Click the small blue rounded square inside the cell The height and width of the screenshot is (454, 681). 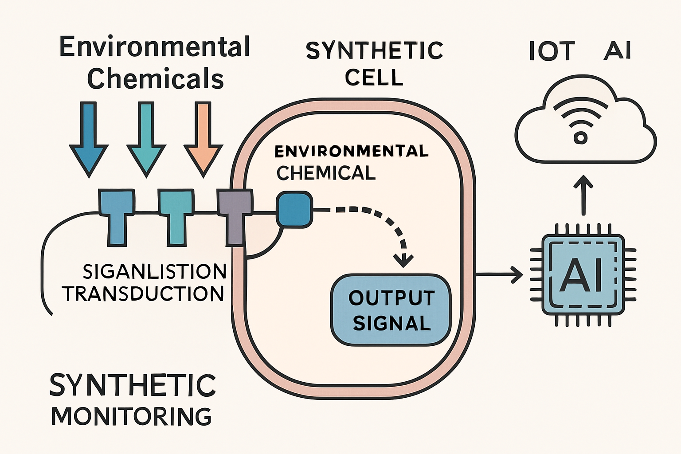[x=294, y=210]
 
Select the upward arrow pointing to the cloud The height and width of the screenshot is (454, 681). [x=583, y=195]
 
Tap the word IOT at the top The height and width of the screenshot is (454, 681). [x=552, y=51]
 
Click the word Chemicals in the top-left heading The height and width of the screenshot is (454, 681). [x=155, y=79]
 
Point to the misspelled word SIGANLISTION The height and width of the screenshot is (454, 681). [x=154, y=271]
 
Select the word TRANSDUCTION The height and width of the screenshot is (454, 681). [x=143, y=294]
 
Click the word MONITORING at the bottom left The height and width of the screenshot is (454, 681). [x=132, y=416]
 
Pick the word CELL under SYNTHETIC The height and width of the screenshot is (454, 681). [x=374, y=78]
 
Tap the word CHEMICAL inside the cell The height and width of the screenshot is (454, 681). [x=326, y=173]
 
